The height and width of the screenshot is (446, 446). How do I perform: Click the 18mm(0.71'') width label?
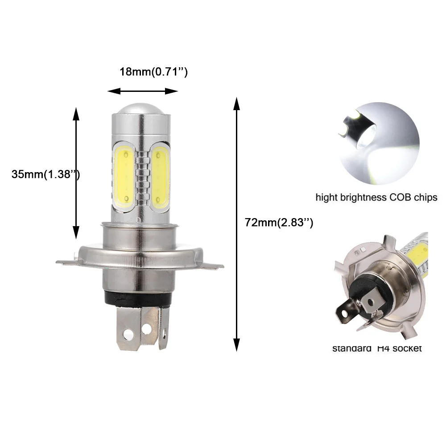[153, 72]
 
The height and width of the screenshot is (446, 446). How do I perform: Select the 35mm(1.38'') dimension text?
[45, 174]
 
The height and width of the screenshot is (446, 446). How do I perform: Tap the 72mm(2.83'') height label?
[279, 222]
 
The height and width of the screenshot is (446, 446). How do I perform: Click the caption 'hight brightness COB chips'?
[376, 198]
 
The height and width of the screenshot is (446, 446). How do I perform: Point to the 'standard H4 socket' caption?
[377, 348]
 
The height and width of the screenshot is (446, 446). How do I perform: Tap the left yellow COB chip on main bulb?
[124, 176]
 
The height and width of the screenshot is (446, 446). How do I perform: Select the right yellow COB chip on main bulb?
[160, 176]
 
